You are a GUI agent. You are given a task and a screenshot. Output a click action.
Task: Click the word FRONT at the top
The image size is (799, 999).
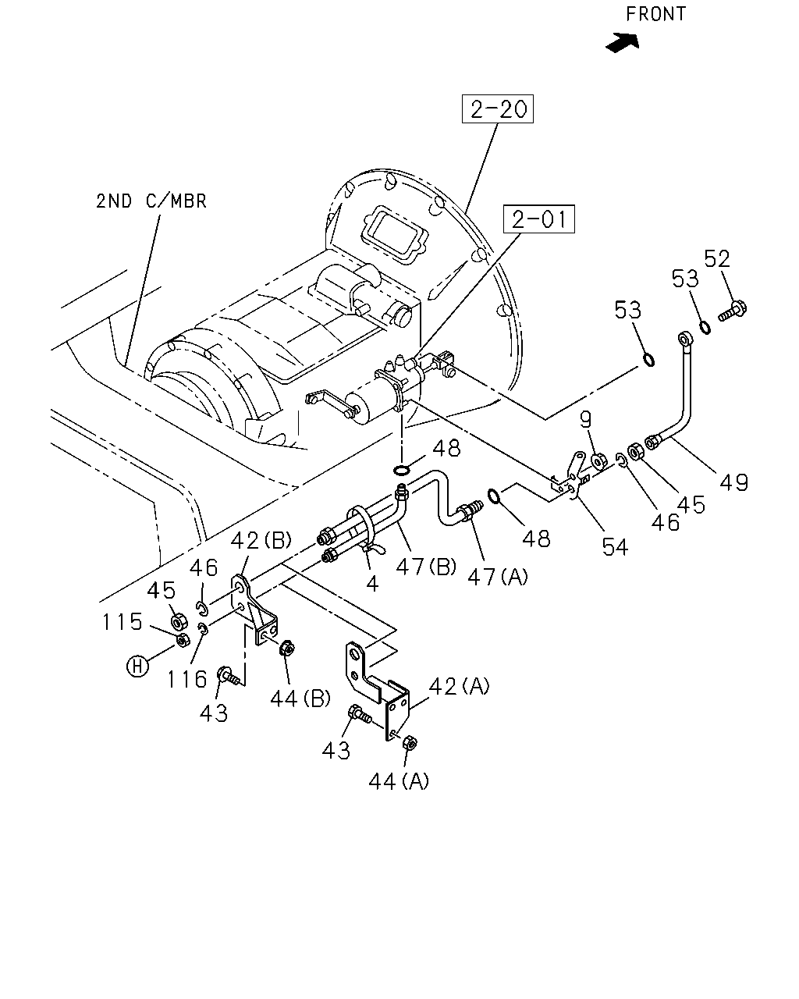(x=655, y=14)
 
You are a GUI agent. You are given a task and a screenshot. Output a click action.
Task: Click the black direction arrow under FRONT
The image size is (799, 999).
(x=623, y=43)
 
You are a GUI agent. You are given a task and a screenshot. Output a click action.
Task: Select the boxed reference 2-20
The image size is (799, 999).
(x=498, y=109)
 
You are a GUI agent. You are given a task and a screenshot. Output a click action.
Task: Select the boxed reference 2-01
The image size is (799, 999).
(x=539, y=219)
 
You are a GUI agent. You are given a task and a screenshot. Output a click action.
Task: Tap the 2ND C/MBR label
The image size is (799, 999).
(x=151, y=201)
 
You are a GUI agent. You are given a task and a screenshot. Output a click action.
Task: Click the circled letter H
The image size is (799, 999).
(x=137, y=667)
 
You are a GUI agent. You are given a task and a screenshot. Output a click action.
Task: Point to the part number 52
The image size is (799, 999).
(x=717, y=258)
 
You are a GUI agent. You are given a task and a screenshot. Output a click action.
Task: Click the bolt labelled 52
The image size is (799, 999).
(x=733, y=310)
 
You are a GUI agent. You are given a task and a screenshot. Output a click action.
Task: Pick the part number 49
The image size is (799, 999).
(x=734, y=482)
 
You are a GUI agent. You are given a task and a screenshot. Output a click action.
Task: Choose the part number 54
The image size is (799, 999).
(x=615, y=547)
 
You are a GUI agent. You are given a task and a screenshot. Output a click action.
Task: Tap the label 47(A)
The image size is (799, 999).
(x=498, y=577)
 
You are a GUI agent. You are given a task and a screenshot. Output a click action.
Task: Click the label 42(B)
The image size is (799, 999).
(x=261, y=540)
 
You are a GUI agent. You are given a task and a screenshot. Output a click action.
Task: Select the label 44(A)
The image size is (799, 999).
(x=399, y=781)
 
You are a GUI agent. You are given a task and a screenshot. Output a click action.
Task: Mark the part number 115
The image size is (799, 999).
(x=122, y=621)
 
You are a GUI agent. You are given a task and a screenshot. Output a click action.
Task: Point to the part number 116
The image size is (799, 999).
(x=186, y=680)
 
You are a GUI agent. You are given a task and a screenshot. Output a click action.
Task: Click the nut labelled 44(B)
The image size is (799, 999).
(x=287, y=647)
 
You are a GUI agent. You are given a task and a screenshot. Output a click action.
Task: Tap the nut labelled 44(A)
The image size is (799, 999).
(x=410, y=743)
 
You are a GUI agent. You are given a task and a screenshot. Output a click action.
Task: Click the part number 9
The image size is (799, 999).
(x=586, y=420)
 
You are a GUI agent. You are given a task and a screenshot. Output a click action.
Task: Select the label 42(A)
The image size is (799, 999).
(x=459, y=686)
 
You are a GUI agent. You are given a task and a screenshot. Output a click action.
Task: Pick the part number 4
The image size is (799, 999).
(x=372, y=584)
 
